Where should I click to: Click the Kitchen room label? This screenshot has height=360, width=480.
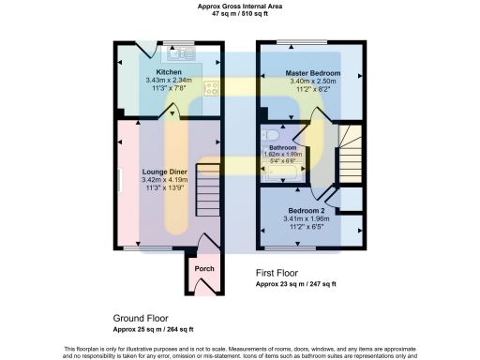pyautogui.click(x=169, y=72)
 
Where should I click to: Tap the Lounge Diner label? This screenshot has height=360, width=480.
pyautogui.click(x=169, y=172)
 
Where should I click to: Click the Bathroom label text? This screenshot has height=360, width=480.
pyautogui.click(x=283, y=148)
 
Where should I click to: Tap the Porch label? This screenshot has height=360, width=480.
pyautogui.click(x=203, y=269)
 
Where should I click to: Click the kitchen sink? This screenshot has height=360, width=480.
pyautogui.click(x=181, y=53)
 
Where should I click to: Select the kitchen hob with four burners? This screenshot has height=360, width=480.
pyautogui.click(x=212, y=89)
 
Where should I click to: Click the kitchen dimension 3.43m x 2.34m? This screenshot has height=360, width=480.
pyautogui.click(x=169, y=81)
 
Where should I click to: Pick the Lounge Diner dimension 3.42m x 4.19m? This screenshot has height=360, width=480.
pyautogui.click(x=169, y=180)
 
